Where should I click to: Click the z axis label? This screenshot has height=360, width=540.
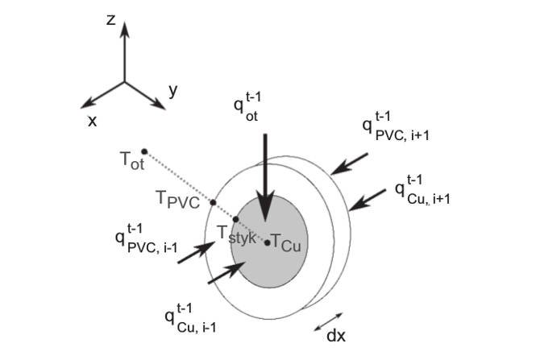point(110,20)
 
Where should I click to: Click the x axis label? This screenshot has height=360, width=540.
point(93,121)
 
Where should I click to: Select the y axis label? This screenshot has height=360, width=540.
point(173,90)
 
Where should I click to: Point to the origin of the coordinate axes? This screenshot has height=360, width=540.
point(125,82)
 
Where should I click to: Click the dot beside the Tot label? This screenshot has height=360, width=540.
point(144,151)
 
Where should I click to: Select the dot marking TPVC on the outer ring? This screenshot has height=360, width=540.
point(213,202)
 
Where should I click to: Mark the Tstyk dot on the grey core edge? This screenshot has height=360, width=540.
point(236,219)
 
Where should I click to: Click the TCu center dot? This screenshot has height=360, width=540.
point(268,242)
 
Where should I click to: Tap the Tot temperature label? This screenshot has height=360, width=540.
point(133,161)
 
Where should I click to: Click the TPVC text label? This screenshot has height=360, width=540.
point(177,200)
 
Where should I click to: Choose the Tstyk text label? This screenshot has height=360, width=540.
point(237,234)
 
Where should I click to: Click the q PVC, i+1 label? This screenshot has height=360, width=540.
point(396,126)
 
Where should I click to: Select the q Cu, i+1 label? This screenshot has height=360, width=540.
point(422,189)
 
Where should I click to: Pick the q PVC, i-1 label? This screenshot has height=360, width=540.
point(147,238)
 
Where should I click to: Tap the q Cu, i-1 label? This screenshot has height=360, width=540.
point(191,318)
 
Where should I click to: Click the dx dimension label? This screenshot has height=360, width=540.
point(336,336)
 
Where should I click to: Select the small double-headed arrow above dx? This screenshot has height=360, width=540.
point(329,322)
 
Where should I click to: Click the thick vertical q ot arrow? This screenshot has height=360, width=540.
point(265,178)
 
